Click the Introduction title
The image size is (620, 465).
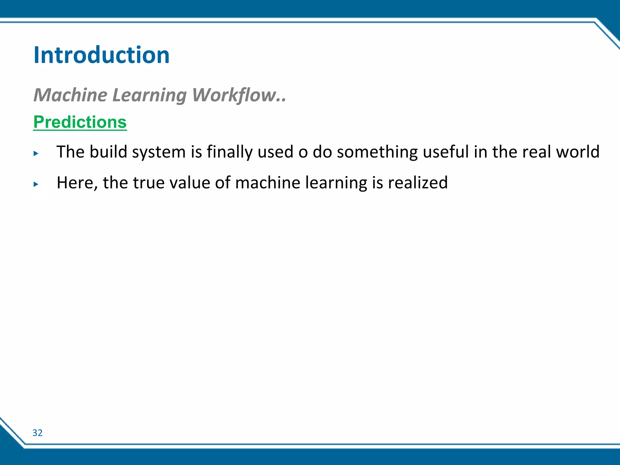coord(101,55)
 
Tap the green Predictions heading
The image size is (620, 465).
coord(80,122)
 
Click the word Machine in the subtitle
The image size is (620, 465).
coord(70,95)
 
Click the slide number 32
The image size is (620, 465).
coord(37,433)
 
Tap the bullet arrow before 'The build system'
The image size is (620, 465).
coord(36,153)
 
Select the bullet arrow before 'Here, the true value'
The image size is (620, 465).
coord(36,184)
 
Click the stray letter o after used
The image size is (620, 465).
coord(303,152)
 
